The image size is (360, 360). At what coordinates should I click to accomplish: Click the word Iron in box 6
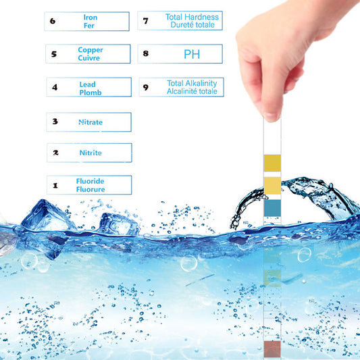(91, 17)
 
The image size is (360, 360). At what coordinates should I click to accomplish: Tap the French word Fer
(89, 26)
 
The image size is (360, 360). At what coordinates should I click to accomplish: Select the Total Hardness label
(192, 17)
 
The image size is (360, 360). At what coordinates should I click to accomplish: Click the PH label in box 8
(192, 54)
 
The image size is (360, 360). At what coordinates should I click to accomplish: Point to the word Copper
(91, 50)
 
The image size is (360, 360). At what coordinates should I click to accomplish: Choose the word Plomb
(91, 93)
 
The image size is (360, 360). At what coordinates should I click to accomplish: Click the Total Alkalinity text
(192, 83)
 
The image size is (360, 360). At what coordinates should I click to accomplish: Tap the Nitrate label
(91, 122)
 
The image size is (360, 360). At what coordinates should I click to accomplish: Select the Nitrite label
(91, 153)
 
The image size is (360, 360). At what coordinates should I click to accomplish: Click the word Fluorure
(91, 189)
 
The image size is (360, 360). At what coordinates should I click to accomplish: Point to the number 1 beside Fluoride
(55, 185)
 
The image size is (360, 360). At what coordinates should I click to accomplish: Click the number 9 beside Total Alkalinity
(146, 87)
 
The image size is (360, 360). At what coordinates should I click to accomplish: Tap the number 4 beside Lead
(55, 87)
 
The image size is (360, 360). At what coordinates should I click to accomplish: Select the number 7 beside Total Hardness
(146, 21)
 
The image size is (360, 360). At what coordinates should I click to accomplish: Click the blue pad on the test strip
(272, 208)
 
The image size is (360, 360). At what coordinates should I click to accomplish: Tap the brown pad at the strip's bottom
(272, 349)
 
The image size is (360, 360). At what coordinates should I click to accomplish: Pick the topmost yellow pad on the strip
(272, 163)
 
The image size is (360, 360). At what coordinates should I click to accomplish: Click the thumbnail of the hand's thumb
(271, 116)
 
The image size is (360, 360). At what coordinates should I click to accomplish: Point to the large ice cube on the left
(48, 216)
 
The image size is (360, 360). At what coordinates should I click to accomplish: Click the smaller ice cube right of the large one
(118, 224)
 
